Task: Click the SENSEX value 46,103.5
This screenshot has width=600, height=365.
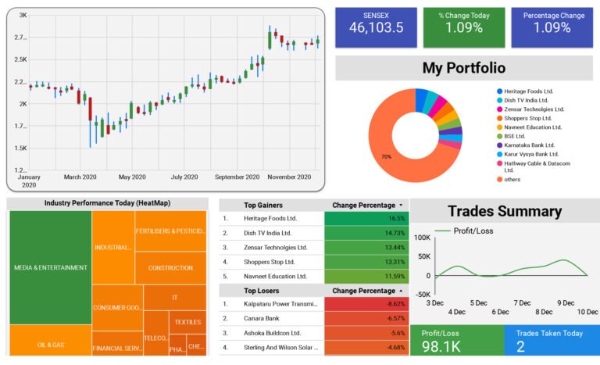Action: point(377,28)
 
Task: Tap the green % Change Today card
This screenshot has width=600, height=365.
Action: point(464,28)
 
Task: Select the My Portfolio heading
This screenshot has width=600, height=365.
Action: point(463,68)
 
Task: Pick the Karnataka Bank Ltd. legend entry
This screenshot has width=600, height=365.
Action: point(529,145)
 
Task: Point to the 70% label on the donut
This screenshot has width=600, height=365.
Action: point(386,157)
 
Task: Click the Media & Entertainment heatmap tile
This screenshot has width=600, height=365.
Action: point(50,267)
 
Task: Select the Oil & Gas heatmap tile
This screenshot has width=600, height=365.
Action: point(50,344)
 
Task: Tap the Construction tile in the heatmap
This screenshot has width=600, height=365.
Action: point(170,267)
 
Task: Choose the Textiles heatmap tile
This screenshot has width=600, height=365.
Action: point(187,321)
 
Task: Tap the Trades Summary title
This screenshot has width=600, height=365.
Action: point(504,211)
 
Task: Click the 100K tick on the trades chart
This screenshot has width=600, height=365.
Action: point(422,238)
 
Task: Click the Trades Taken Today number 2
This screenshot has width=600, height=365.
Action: point(520,346)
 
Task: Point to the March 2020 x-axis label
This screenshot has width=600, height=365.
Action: point(83,177)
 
